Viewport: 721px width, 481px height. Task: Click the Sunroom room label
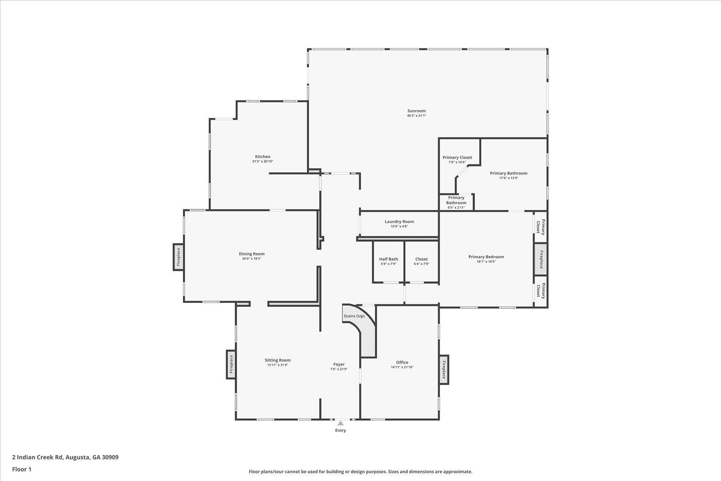pyautogui.click(x=416, y=111)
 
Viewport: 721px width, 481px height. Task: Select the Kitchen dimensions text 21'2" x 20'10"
pyautogui.click(x=263, y=161)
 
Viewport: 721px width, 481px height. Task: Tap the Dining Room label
pyautogui.click(x=251, y=254)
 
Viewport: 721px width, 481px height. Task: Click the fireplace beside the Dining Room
pyautogui.click(x=178, y=257)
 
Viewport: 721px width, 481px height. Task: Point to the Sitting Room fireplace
pyautogui.click(x=231, y=365)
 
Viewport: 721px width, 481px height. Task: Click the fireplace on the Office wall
pyautogui.click(x=444, y=369)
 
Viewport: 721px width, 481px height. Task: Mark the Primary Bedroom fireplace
pyautogui.click(x=540, y=259)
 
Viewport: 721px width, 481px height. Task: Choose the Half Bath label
pyautogui.click(x=388, y=259)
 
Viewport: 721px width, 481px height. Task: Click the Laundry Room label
pyautogui.click(x=399, y=221)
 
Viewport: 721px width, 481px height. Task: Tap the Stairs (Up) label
pyautogui.click(x=354, y=316)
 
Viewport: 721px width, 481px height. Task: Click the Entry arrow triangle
pyautogui.click(x=341, y=423)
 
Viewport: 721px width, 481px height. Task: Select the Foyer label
pyautogui.click(x=339, y=364)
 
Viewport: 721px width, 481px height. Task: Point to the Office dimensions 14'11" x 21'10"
pyautogui.click(x=402, y=367)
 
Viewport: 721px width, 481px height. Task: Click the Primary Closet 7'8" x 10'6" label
pyautogui.click(x=457, y=157)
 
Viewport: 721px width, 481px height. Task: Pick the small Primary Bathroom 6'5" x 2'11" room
pyautogui.click(x=456, y=202)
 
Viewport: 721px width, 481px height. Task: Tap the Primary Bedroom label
pyautogui.click(x=486, y=257)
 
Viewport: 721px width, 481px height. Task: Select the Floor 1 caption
pyautogui.click(x=22, y=469)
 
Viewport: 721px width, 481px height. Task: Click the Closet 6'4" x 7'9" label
pyautogui.click(x=421, y=259)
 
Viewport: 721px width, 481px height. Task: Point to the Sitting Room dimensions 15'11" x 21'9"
pyautogui.click(x=278, y=365)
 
